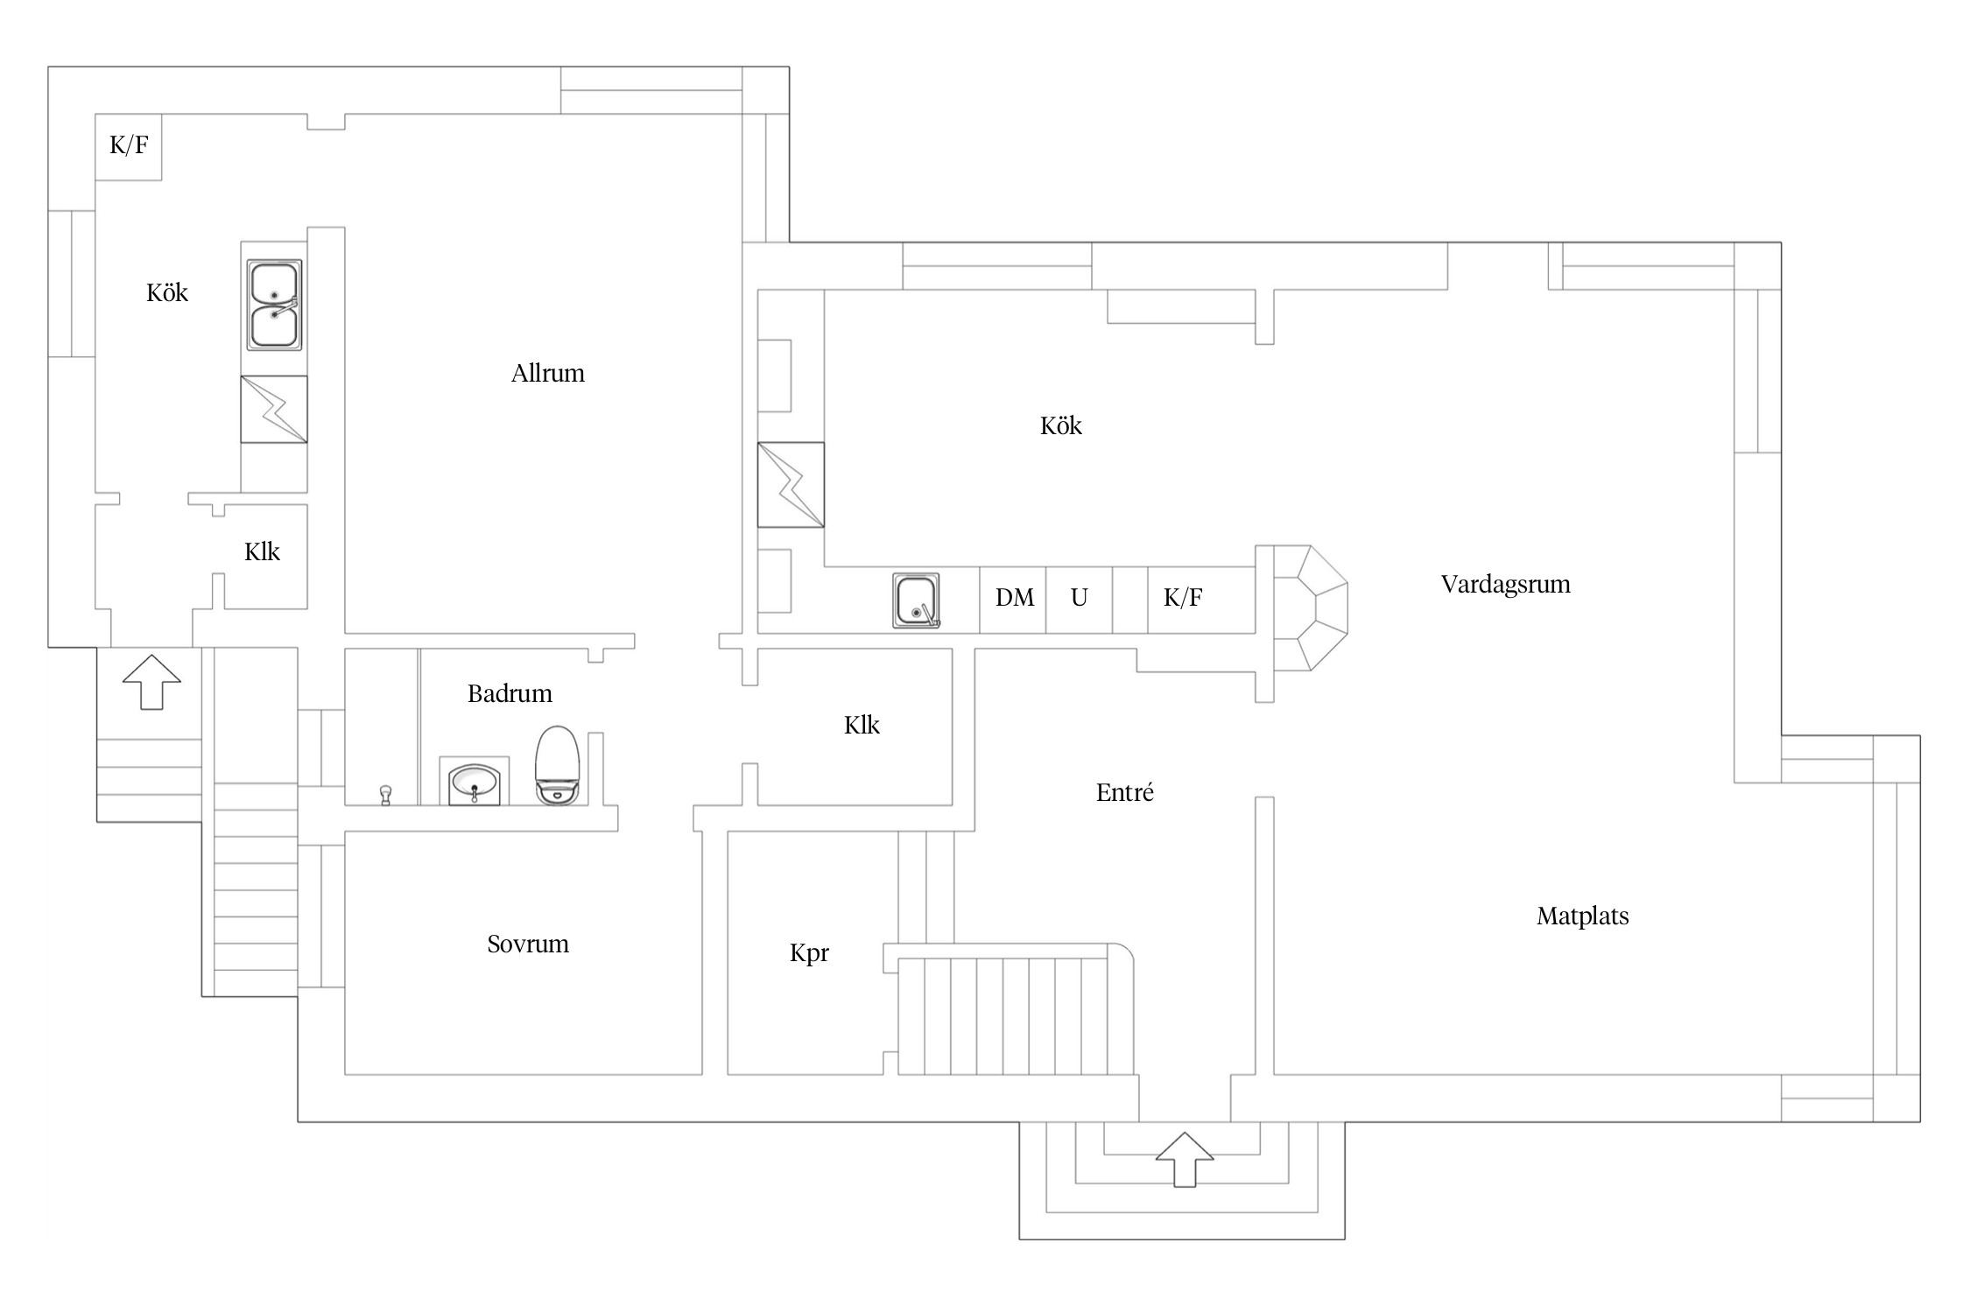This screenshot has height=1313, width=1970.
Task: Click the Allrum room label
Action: click(547, 373)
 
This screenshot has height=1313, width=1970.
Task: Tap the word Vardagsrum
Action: click(1505, 585)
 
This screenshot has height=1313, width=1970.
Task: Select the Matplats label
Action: click(1582, 916)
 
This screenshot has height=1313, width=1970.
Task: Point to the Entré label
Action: click(1124, 792)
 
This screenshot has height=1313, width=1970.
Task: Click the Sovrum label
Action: click(528, 944)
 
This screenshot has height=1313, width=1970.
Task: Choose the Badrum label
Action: click(510, 694)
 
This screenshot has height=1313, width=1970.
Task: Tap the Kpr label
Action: click(809, 953)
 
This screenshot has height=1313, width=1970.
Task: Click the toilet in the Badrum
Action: click(557, 765)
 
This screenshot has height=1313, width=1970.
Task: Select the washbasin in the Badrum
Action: click(474, 783)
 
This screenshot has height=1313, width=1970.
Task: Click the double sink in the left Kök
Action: click(274, 305)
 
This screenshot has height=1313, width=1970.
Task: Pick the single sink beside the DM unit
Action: click(916, 600)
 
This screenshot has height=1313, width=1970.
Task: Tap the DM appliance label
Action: click(1015, 598)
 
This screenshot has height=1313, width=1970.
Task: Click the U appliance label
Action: click(1079, 598)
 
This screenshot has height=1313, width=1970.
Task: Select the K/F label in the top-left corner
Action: click(129, 145)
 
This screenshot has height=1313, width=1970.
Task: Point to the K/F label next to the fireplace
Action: click(1183, 598)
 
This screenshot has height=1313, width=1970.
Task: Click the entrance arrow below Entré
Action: click(1185, 1160)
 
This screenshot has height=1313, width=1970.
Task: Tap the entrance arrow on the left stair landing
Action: click(151, 682)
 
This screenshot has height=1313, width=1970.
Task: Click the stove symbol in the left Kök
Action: click(274, 410)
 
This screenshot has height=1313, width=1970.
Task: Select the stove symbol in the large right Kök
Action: click(791, 485)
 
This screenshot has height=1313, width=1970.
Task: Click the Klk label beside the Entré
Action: click(862, 725)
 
